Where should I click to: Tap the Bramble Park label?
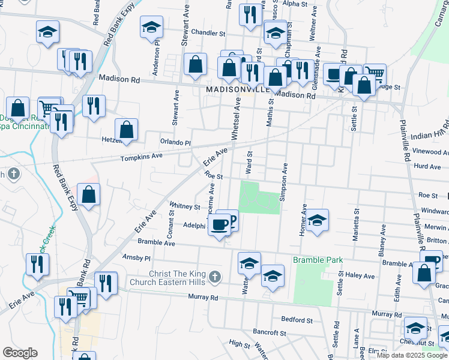pos(318,260)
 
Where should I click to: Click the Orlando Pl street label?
pos(175,143)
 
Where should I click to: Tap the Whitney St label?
pos(185,206)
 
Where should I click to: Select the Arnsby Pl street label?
pos(136,257)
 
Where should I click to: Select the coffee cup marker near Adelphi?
pos(220,224)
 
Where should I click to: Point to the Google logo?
pos(20,353)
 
